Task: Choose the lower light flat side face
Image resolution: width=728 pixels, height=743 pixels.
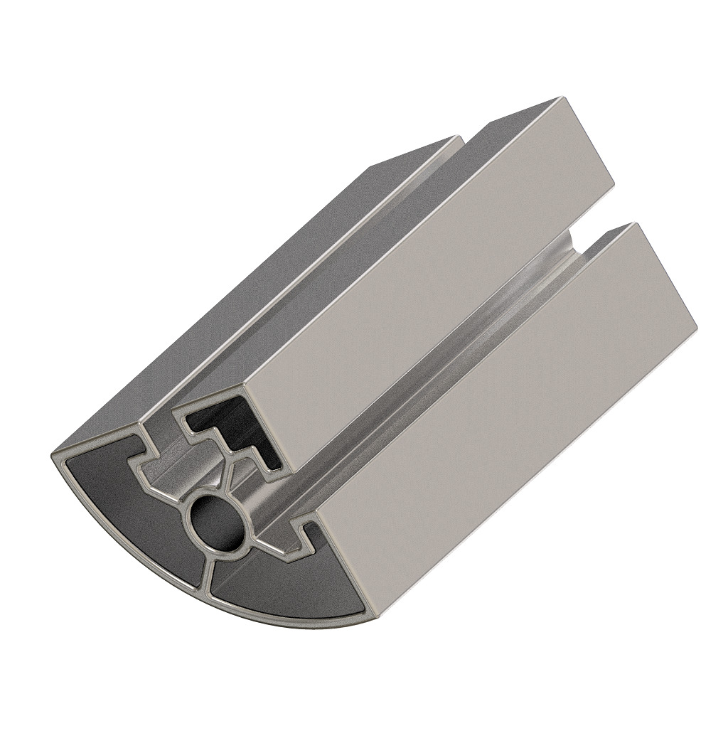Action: click(498, 427)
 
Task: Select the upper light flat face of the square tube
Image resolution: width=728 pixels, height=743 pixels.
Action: click(419, 284)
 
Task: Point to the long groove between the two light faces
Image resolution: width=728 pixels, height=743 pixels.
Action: click(427, 377)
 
